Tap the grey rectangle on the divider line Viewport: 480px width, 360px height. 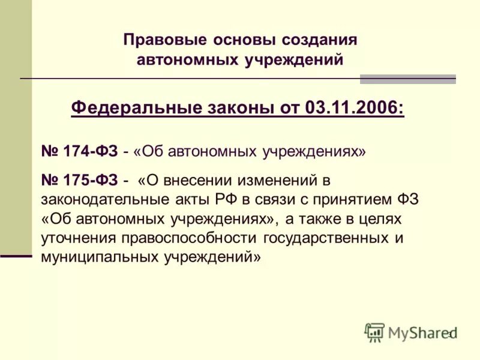tap(407, 79)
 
